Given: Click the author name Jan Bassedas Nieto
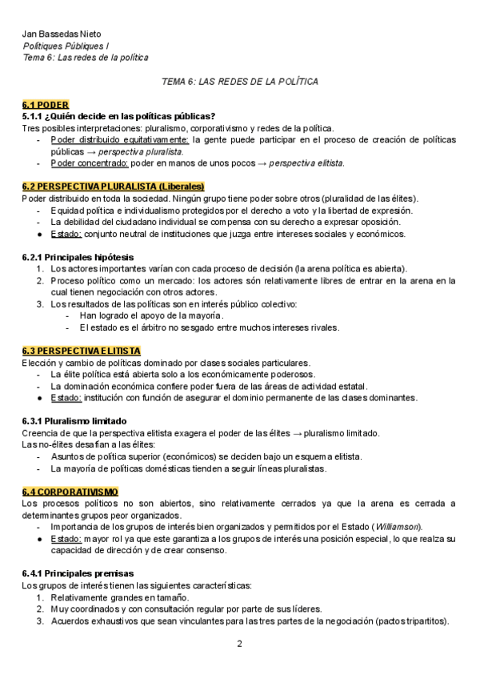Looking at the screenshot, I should tap(56, 34).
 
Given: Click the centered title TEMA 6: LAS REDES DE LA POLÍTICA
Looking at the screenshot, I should tap(240, 82).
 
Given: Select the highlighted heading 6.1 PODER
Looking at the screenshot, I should tap(46, 105).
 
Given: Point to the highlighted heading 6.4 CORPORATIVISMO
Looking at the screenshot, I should tap(70, 491).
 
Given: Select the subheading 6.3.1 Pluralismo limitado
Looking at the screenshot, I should tap(74, 421).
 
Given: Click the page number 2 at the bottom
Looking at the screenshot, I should tap(239, 644).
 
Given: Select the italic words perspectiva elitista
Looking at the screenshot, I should tap(307, 163).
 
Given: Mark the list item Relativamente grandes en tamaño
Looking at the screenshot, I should tap(119, 597).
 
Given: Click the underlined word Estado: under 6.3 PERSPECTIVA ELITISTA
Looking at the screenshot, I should tap(66, 397).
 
